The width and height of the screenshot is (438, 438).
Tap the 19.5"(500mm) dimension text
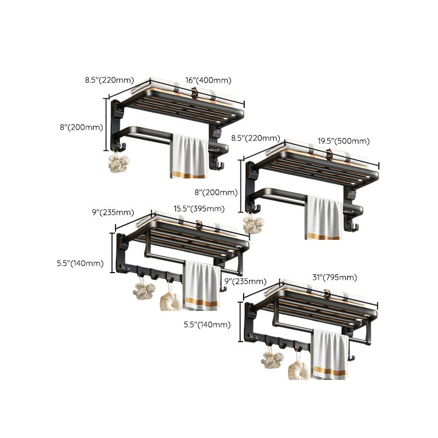tap(343, 141)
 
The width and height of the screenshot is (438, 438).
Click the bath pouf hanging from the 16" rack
tap(119, 163)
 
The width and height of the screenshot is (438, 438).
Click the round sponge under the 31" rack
tap(298, 368)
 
